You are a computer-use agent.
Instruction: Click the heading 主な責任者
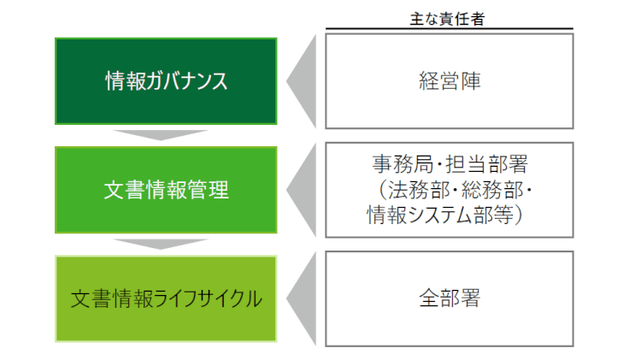[447, 19]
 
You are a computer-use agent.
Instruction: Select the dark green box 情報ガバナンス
[166, 81]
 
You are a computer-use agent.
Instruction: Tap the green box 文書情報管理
[166, 190]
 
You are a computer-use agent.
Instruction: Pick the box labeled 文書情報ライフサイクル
[166, 298]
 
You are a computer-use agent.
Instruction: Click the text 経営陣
[450, 81]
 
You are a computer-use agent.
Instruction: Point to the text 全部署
[450, 298]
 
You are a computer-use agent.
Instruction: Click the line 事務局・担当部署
[450, 164]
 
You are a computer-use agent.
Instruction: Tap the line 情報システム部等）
[444, 215]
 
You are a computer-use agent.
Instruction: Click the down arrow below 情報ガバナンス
[161, 135]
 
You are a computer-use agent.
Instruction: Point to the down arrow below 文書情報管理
[161, 244]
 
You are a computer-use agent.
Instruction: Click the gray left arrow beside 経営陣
[302, 81]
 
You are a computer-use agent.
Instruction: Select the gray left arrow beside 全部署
[302, 298]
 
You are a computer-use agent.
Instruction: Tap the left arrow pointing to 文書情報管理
[302, 190]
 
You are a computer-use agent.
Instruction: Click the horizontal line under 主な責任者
[450, 29]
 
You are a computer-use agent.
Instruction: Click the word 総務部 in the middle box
[492, 190]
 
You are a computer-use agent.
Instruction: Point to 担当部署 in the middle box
[487, 164]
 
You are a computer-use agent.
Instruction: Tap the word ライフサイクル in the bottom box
[209, 298]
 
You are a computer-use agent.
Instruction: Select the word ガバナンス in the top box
[187, 81]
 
